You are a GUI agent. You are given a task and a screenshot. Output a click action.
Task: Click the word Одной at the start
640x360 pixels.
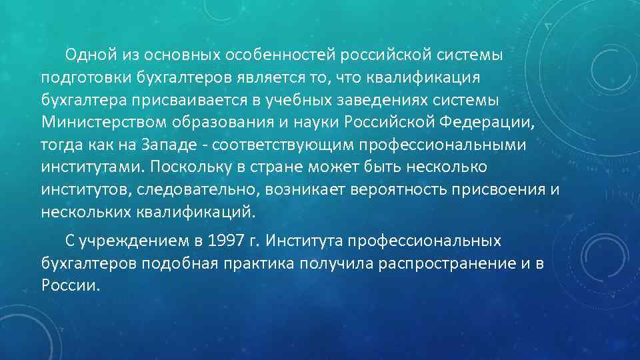(x=87, y=54)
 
